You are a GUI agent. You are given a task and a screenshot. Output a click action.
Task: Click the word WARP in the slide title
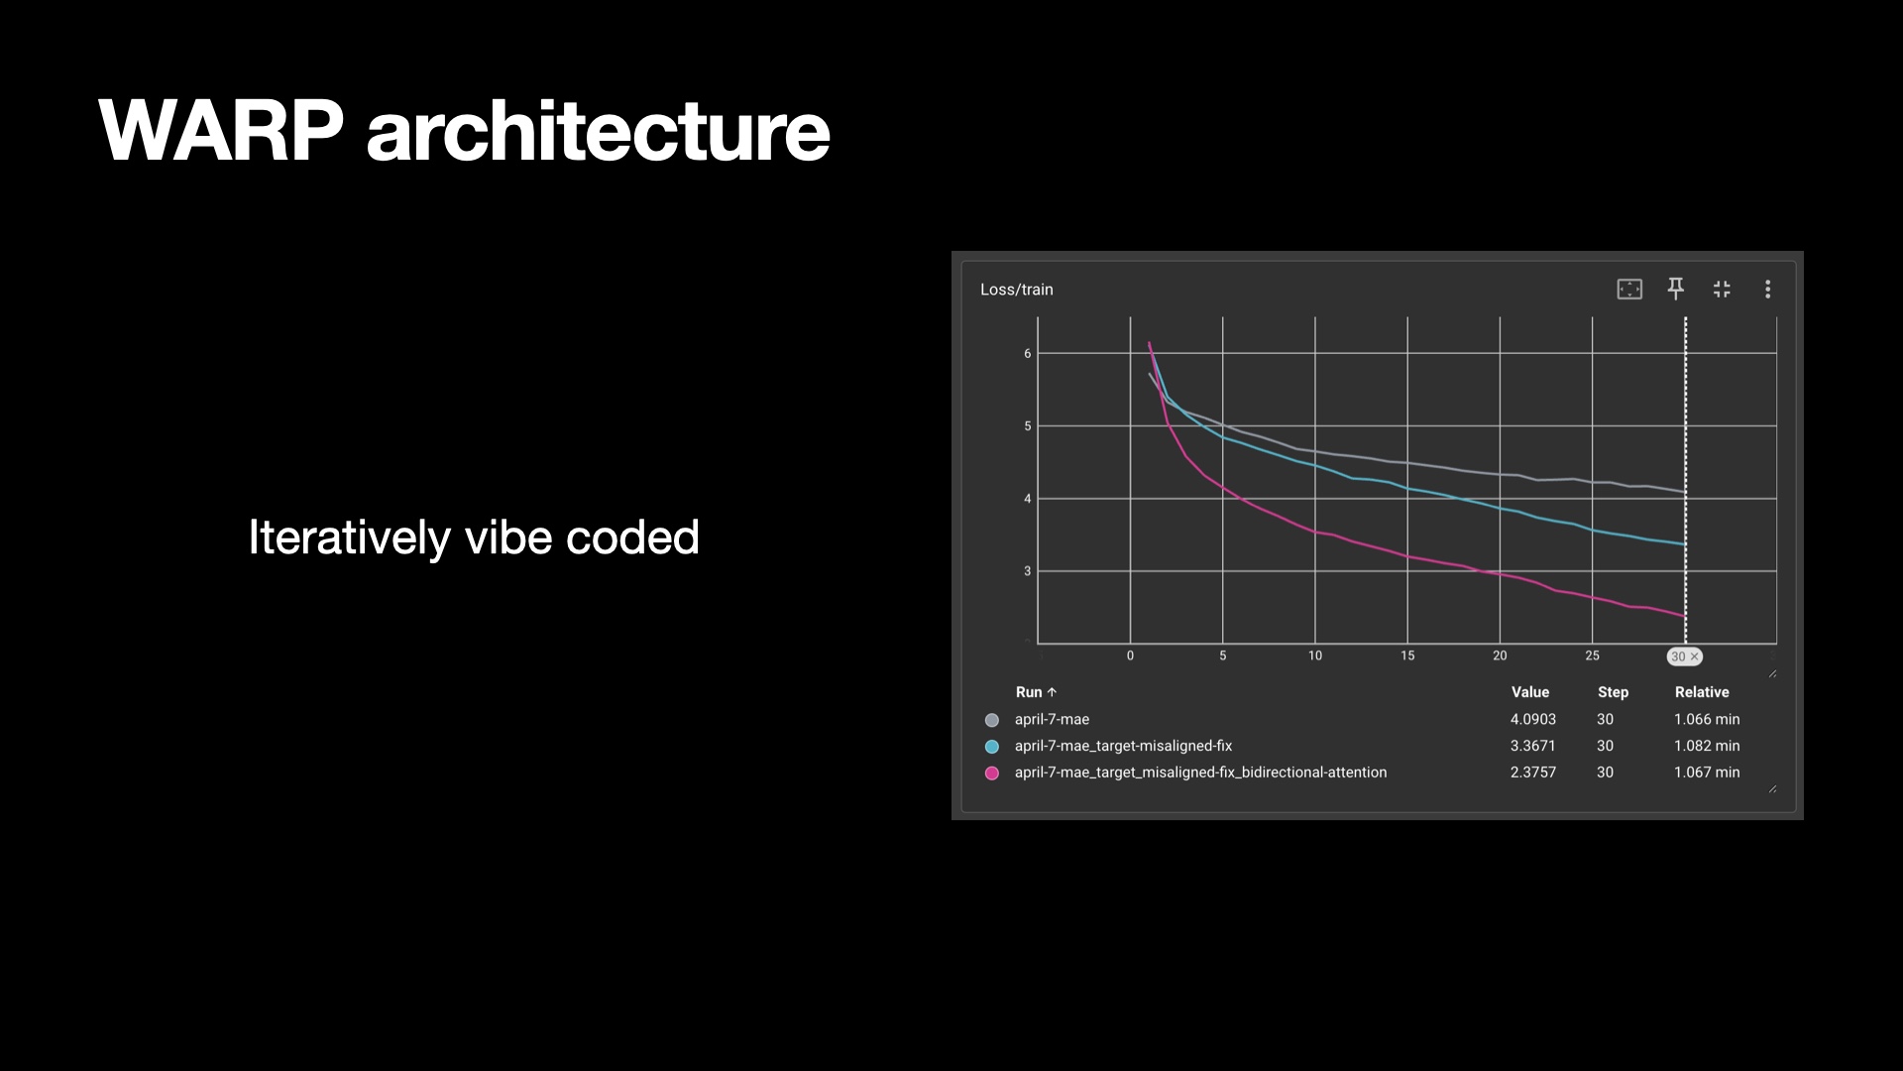tap(221, 130)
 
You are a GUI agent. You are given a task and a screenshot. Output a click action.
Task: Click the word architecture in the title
tap(599, 130)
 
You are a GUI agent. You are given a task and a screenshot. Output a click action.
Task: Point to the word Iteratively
tap(349, 538)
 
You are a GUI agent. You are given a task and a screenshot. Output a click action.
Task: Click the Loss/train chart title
tap(1017, 290)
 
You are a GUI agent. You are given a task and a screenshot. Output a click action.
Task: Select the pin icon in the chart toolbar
tap(1675, 289)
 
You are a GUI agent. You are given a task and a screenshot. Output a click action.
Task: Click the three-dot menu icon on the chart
tap(1767, 289)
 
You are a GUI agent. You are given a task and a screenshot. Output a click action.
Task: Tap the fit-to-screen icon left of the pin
tap(1629, 289)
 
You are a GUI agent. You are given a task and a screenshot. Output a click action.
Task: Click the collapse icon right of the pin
tap(1722, 289)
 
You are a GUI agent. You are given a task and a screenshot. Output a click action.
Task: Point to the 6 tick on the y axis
tap(1028, 353)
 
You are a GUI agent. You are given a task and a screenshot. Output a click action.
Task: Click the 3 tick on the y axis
tap(1028, 571)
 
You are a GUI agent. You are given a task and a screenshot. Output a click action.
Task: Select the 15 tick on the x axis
tap(1407, 655)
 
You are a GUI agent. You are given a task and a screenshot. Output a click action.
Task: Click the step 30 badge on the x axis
tap(1684, 656)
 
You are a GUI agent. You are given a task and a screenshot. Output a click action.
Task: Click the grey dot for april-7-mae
tap(991, 720)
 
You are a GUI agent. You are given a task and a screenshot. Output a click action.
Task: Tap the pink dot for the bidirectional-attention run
tap(991, 773)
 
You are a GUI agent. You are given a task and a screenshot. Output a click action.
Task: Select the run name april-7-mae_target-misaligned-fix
tap(1123, 746)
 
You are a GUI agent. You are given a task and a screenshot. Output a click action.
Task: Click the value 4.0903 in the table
tap(1532, 719)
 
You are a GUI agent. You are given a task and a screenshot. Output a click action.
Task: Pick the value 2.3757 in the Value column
tap(1532, 772)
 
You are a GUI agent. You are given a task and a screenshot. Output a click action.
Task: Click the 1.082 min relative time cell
tap(1707, 746)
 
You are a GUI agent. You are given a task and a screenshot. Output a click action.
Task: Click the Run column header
tap(1036, 692)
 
